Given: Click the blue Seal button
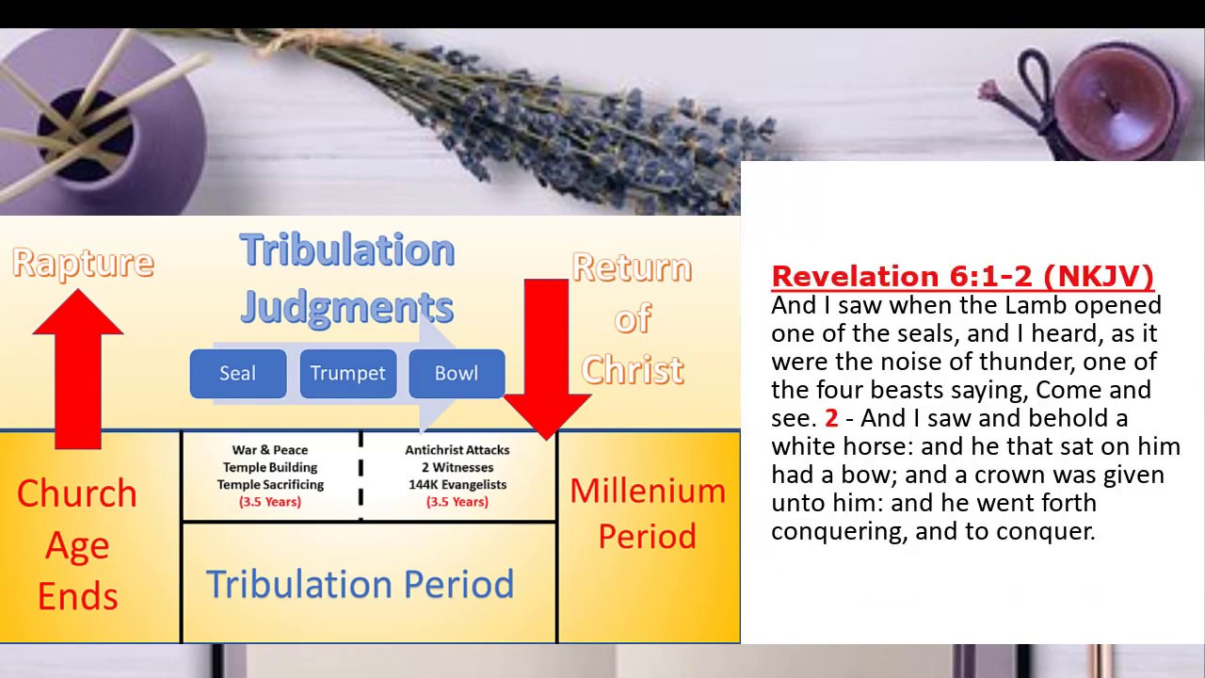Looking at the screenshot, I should (x=237, y=373).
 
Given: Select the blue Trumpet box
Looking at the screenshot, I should (x=347, y=373).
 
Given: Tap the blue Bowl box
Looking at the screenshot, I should (x=457, y=373).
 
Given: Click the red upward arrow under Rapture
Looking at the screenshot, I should (x=78, y=367).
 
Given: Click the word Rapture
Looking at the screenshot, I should (x=83, y=263).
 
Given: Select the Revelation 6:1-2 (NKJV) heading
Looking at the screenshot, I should (x=962, y=276).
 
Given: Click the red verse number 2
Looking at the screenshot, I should (x=831, y=418).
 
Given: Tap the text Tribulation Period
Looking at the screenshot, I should (x=360, y=584).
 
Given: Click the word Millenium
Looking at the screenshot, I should (x=648, y=491).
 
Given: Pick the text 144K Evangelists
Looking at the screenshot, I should (x=457, y=484).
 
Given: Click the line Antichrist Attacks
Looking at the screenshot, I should (x=457, y=450).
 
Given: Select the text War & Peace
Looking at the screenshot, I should (x=270, y=450).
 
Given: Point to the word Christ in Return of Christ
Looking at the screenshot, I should (x=633, y=370).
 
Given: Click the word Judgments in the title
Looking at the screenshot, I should (x=347, y=307).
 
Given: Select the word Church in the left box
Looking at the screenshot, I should (x=77, y=493).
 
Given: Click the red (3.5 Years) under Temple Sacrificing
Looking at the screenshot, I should (x=270, y=502).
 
